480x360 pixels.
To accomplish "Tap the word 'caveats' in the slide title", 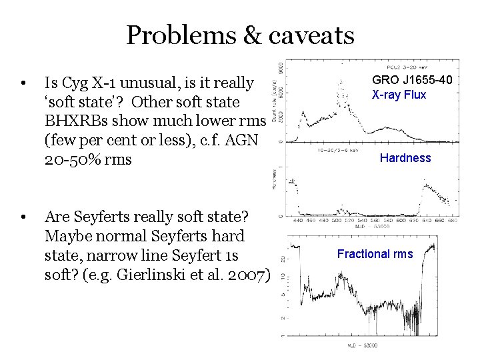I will click(311, 35).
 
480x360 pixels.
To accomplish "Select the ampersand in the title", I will click(251, 35).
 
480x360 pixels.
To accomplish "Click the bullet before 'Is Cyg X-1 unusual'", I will click(23, 84).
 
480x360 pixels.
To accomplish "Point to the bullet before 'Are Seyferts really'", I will click(23, 218).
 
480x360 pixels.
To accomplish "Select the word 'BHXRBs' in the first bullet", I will click(73, 121).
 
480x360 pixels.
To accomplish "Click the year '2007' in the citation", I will click(247, 275).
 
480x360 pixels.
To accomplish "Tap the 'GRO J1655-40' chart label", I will click(412, 80).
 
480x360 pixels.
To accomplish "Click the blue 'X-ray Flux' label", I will click(399, 95).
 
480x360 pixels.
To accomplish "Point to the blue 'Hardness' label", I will click(405, 158).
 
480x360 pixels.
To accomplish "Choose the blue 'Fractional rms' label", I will click(375, 254).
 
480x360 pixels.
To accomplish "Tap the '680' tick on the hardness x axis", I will click(451, 219).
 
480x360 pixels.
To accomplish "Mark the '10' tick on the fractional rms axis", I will click(283, 275).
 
